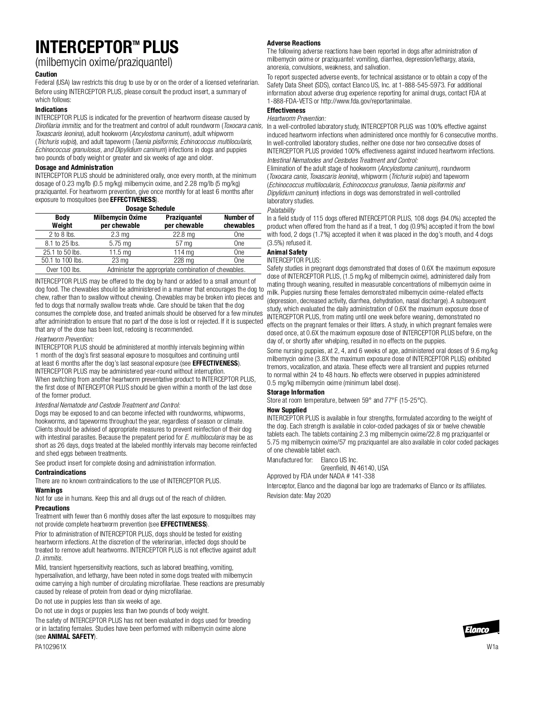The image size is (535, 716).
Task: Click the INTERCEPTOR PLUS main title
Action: point(107,47)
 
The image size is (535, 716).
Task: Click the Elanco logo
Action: point(480,630)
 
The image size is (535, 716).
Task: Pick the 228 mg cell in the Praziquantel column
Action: point(184,260)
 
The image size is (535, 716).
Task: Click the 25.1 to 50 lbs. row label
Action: point(62,252)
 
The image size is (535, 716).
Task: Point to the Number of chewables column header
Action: point(239,221)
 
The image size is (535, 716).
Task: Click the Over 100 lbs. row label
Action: point(62,269)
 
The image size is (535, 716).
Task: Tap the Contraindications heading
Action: point(61,472)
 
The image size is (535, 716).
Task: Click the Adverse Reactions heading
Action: point(293,43)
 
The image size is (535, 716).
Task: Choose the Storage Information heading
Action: point(296,392)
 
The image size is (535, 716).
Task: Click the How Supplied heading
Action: point(287,410)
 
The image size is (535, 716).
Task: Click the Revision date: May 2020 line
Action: point(299,495)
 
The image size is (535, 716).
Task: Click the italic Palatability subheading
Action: point(281,210)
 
